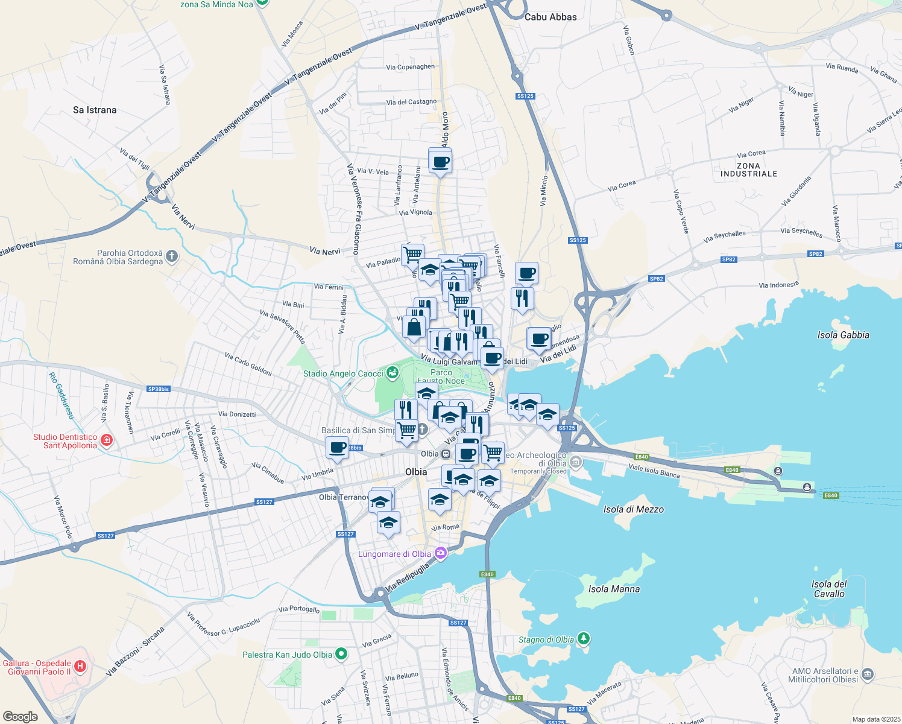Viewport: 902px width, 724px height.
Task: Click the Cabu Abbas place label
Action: point(550,17)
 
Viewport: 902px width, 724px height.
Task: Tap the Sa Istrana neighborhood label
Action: point(95,110)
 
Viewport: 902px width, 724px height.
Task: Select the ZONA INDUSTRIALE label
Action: point(748,170)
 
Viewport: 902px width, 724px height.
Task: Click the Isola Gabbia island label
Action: point(843,335)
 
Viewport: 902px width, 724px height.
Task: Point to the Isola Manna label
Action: point(614,589)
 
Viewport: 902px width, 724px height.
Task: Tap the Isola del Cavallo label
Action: point(829,589)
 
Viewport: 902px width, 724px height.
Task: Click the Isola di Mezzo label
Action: point(633,509)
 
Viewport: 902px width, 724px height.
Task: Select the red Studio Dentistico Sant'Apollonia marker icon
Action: point(107,441)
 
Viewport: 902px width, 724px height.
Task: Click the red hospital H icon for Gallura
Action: point(80,667)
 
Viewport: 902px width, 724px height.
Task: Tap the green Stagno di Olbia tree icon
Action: point(583,638)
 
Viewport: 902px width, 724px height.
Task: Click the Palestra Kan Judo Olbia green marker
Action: point(341,654)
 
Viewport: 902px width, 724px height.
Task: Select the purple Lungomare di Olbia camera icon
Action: point(441,553)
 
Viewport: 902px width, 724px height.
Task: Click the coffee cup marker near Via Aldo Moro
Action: point(440,162)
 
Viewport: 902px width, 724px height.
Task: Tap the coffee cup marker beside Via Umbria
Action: point(337,447)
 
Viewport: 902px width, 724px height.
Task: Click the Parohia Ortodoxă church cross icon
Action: point(172,257)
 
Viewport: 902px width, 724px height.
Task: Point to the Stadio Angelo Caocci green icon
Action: point(393,373)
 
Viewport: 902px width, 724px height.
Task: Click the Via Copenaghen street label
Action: point(410,67)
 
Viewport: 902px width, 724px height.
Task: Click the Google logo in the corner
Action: point(20,716)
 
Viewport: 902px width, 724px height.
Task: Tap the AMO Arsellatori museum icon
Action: point(867,675)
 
